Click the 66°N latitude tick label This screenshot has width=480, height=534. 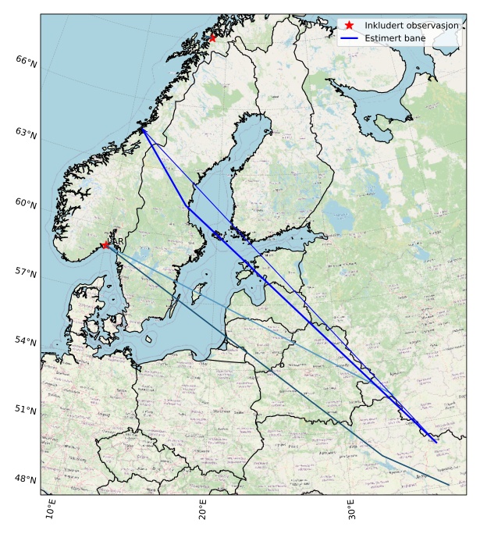click(x=26, y=60)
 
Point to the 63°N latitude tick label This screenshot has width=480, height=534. click(x=26, y=132)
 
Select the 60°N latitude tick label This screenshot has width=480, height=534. click(x=26, y=203)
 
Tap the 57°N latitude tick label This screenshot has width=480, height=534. click(x=26, y=272)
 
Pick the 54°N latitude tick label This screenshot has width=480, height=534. click(x=26, y=341)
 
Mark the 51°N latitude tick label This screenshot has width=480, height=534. click(x=26, y=410)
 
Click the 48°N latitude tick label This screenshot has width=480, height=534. click(x=26, y=479)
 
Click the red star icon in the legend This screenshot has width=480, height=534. click(x=349, y=25)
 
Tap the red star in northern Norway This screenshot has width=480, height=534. click(x=212, y=37)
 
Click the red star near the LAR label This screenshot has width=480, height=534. click(x=105, y=245)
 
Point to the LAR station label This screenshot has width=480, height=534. click(x=116, y=242)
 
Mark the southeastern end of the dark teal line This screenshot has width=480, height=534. click(x=449, y=485)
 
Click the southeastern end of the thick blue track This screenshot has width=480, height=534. click(x=436, y=442)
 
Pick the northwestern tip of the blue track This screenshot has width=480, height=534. click(x=142, y=129)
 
